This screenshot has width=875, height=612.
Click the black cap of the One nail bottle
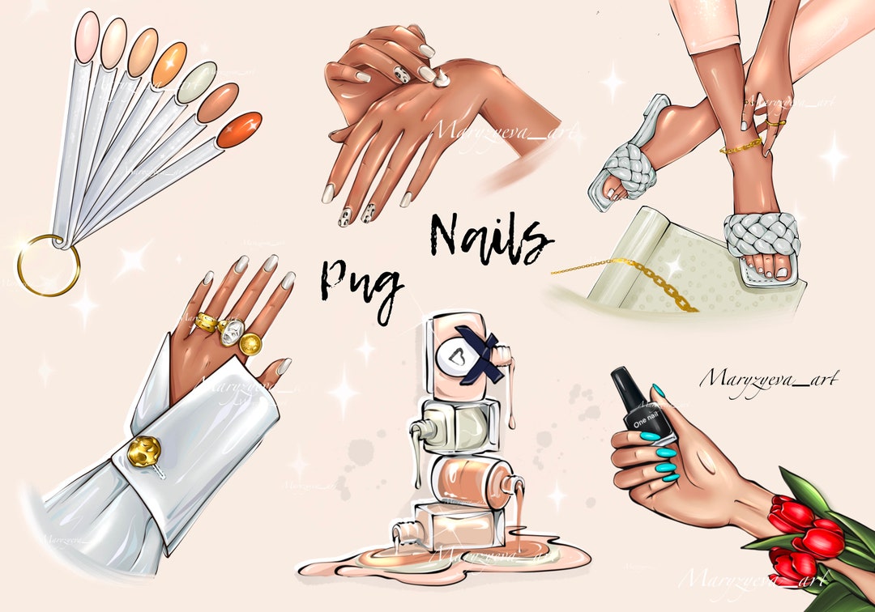632,388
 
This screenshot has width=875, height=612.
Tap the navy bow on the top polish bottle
478,347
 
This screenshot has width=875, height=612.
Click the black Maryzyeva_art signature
768,377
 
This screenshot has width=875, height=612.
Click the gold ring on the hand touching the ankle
775,124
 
